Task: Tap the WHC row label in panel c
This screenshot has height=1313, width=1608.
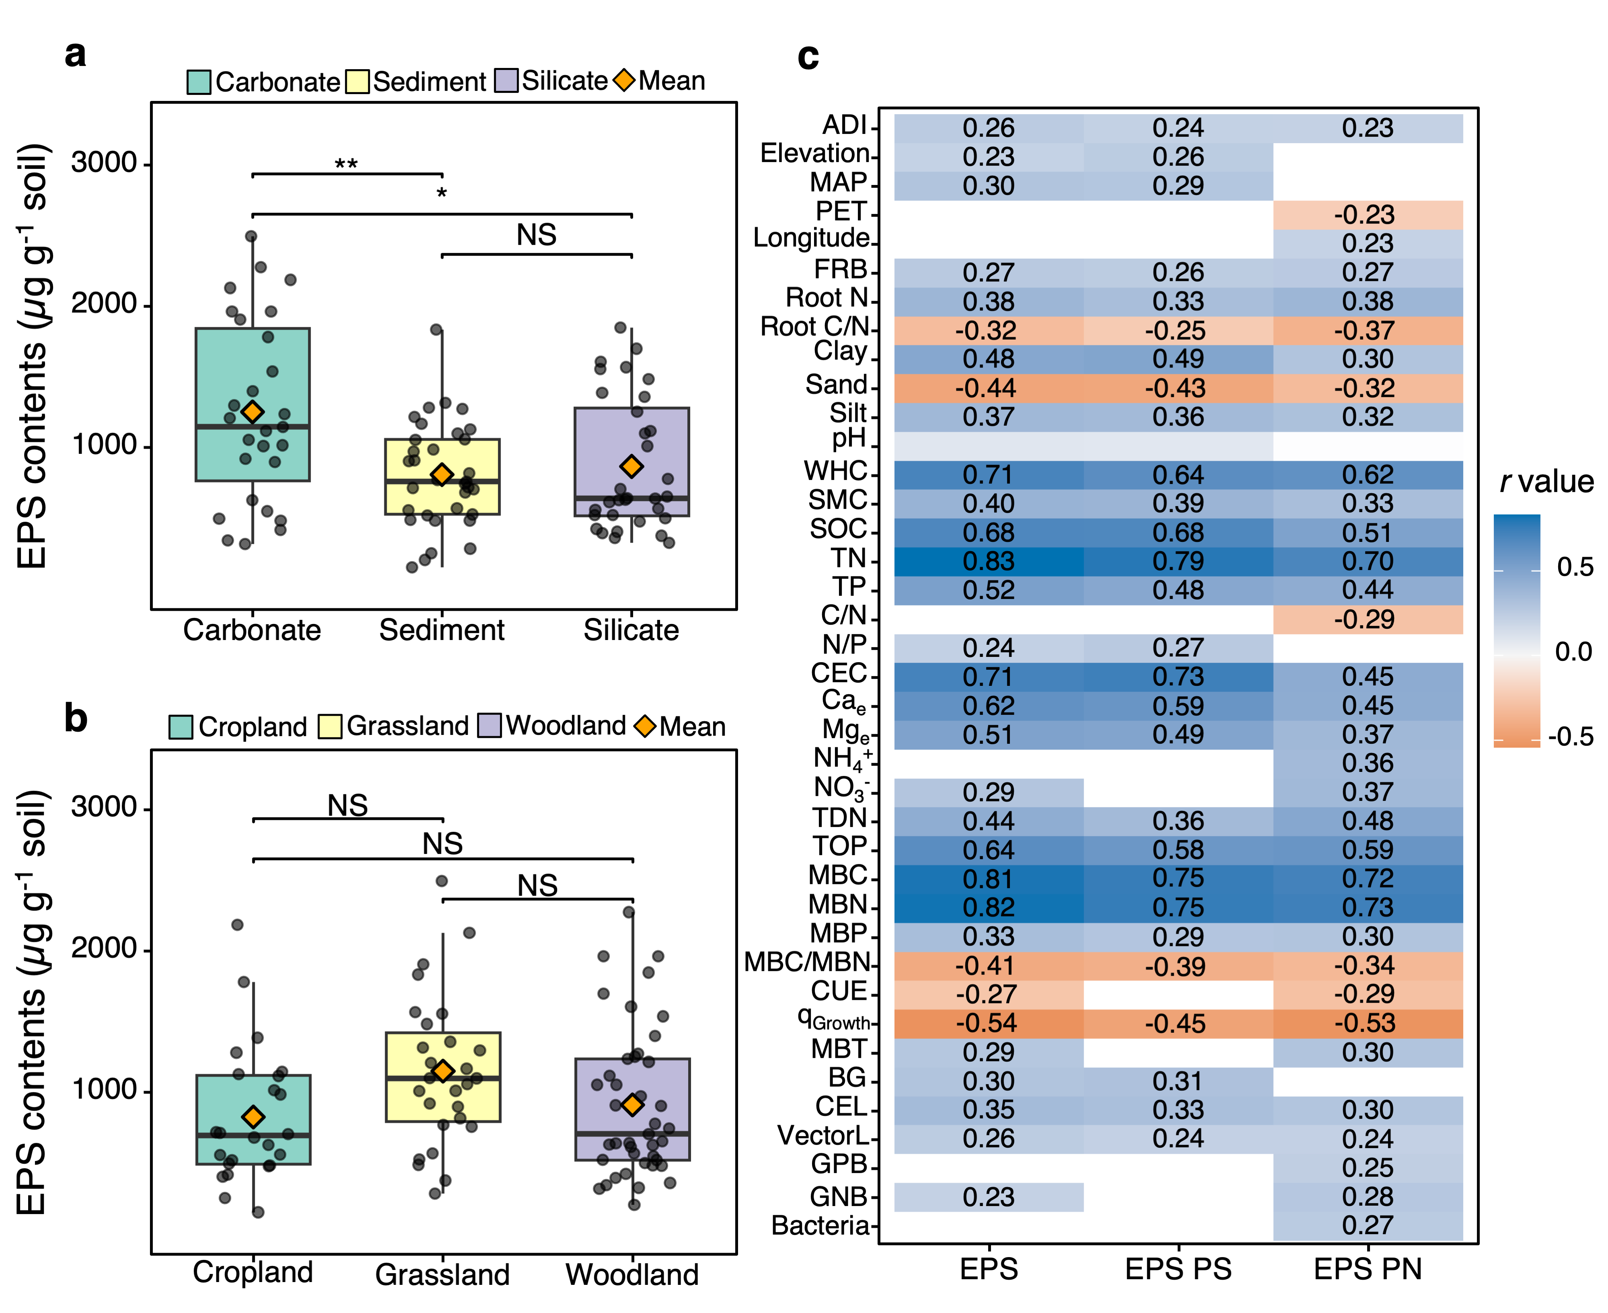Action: point(835,471)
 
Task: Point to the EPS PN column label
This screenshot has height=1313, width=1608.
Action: point(1368,1269)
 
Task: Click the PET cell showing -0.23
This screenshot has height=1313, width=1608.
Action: point(1368,215)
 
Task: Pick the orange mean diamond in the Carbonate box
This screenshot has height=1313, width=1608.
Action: point(252,412)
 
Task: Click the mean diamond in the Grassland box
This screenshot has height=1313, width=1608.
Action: point(443,1071)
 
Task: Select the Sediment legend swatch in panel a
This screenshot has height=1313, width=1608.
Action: point(357,82)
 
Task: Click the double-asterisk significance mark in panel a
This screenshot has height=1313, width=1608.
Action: point(347,164)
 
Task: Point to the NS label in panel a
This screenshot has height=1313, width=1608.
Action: point(536,235)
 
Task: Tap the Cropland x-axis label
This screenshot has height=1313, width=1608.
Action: point(252,1272)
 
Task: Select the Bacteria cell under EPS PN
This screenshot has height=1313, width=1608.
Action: point(1368,1225)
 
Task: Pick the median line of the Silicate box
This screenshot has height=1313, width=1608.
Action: point(632,498)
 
